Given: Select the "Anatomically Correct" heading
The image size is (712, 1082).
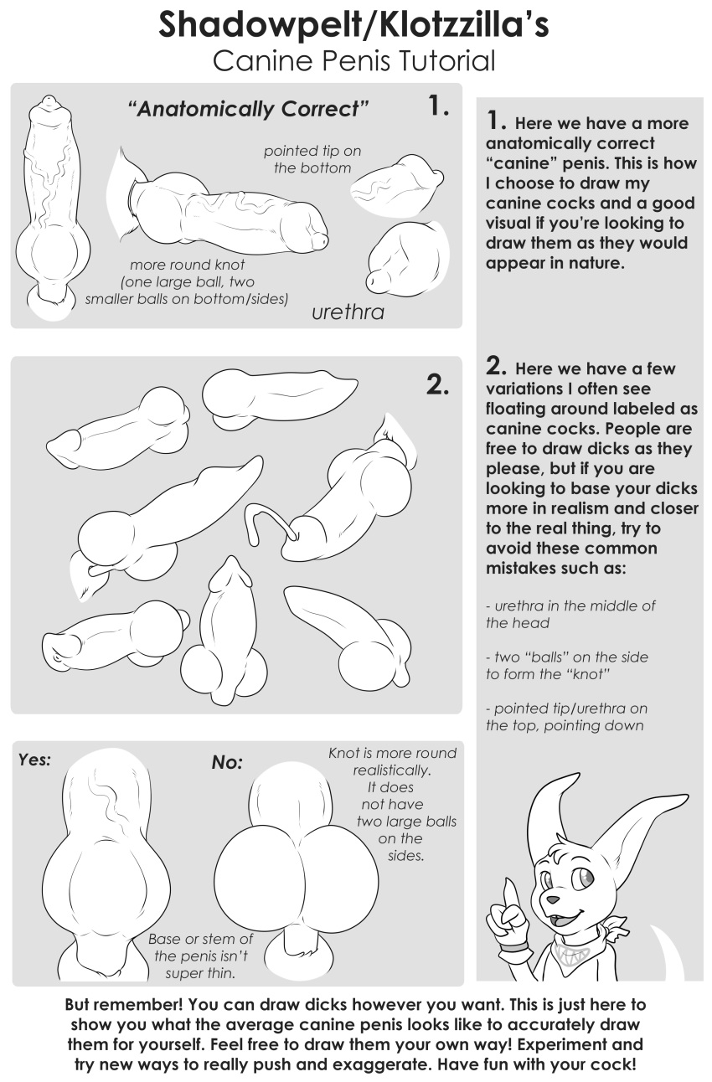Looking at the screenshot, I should pyautogui.click(x=248, y=109).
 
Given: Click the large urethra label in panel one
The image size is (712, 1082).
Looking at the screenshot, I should pyautogui.click(x=348, y=312).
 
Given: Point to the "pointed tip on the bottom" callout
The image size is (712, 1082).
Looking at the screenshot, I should pyautogui.click(x=312, y=159).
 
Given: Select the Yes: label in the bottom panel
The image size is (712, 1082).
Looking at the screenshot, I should pyautogui.click(x=34, y=760).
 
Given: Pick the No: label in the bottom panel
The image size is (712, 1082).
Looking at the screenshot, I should pyautogui.click(x=227, y=762).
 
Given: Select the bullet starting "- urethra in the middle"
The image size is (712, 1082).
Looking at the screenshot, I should pyautogui.click(x=570, y=614).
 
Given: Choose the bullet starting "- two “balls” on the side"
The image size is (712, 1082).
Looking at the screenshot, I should pyautogui.click(x=567, y=666).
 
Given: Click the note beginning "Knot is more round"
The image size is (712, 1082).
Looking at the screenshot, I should pyautogui.click(x=392, y=754).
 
